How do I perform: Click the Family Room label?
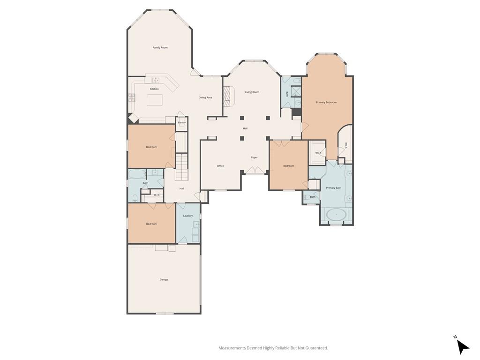[160, 47]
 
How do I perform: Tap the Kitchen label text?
[154, 89]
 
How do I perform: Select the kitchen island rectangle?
[155, 100]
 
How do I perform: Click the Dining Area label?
[205, 97]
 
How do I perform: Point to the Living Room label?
[252, 92]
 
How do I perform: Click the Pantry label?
[181, 123]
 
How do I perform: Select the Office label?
[220, 166]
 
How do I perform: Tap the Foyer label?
[254, 157]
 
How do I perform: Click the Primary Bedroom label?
[326, 102]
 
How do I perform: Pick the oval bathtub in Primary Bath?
[336, 216]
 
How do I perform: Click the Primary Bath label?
[334, 188]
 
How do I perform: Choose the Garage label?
[164, 279]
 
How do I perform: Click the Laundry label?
[188, 216]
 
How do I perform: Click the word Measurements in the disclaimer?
[232, 348]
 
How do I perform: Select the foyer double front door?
[254, 172]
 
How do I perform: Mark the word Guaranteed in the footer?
[316, 348]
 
